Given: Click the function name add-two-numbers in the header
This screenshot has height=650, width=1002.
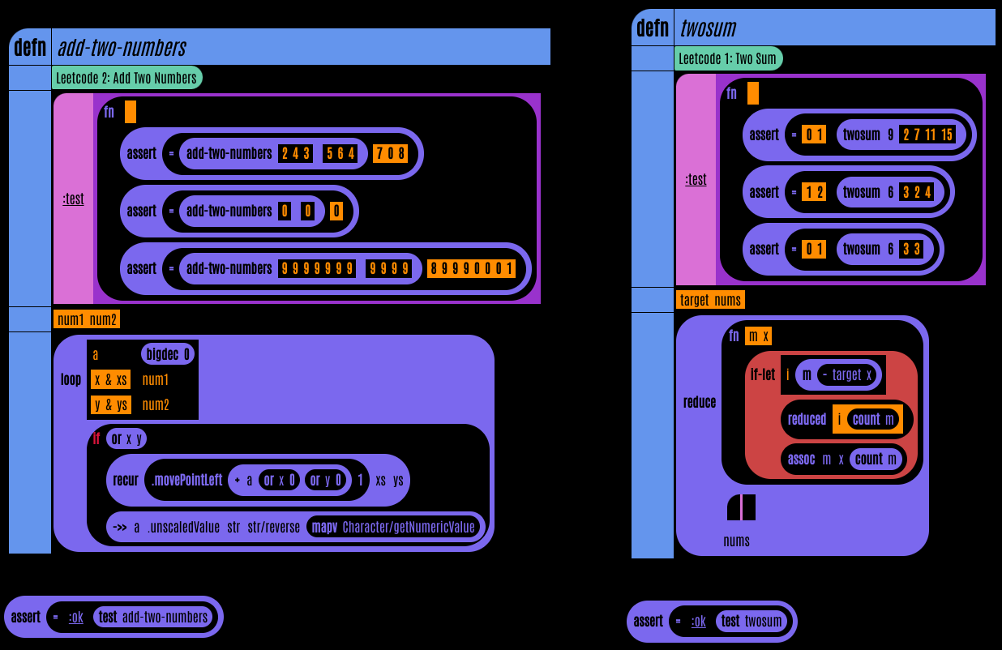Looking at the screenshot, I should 122,48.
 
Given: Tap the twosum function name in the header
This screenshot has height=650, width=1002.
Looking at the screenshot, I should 708,28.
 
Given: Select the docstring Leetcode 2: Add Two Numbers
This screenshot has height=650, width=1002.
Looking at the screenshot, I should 127,78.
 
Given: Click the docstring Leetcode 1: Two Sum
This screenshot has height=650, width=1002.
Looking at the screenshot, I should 728,58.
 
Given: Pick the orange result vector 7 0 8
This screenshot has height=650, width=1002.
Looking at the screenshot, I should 390,153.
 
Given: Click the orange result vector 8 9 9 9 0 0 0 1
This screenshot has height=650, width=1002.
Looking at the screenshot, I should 471,268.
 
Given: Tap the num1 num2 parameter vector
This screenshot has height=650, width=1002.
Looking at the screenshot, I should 87,319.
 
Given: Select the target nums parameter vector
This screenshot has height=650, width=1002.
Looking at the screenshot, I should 710,300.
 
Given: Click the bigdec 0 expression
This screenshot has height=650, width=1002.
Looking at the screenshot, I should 169,354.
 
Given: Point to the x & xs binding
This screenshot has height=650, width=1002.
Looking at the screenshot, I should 110,379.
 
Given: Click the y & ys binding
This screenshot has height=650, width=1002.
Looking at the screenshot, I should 110,404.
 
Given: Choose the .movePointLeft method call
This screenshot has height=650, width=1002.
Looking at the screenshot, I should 186,480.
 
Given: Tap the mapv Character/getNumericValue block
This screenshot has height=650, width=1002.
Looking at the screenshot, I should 393,528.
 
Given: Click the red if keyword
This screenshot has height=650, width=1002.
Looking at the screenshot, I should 96,438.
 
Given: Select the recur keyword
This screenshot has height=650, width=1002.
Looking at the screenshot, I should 126,480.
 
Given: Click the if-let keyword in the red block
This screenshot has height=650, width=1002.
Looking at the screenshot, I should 762,374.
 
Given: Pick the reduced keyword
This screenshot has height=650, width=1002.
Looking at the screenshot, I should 807,419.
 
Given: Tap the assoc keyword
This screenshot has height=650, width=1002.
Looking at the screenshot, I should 801,459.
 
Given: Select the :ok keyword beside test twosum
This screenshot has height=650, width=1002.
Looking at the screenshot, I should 698,622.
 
